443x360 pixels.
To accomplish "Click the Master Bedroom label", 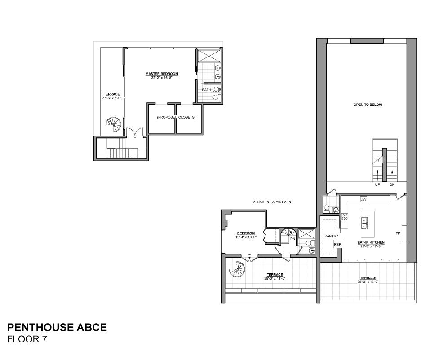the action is click(162, 74).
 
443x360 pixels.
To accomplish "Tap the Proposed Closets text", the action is click(176, 117).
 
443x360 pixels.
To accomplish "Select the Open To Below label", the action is click(368, 105).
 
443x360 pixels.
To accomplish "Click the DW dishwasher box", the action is click(363, 199).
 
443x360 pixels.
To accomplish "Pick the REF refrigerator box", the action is click(337, 245).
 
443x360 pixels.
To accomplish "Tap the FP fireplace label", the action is click(398, 233).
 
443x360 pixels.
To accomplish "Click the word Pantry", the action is click(332, 236).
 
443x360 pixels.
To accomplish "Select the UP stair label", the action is click(377, 184).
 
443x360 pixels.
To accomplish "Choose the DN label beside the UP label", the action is click(392, 184).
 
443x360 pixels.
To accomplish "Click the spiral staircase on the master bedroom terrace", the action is click(114, 124).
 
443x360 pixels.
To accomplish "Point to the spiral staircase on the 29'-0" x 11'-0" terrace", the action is click(237, 269).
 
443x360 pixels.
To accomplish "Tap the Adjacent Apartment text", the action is click(273, 202).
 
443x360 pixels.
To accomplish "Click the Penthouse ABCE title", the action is click(57, 328).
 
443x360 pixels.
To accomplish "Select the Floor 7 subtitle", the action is click(27, 339).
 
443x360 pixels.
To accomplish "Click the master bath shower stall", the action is click(208, 56).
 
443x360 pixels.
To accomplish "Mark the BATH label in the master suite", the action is click(207, 90).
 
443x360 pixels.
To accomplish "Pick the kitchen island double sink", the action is click(364, 223).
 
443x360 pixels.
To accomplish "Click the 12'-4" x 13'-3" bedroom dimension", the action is click(246, 237).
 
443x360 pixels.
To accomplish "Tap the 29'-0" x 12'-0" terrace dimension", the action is click(368, 281).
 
